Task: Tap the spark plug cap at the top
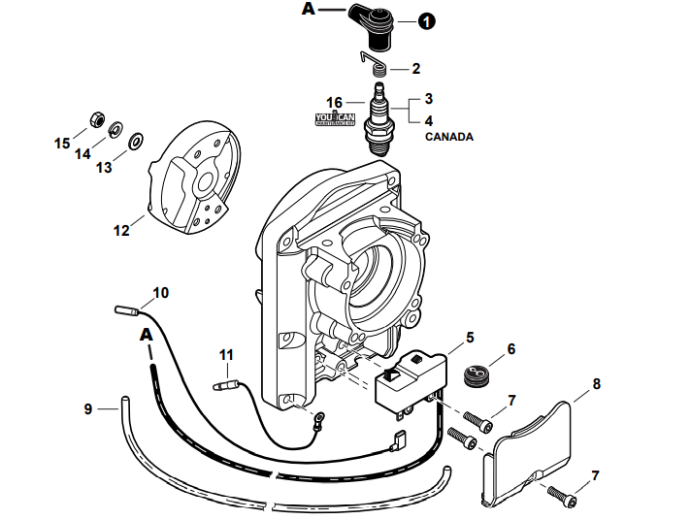(x=376, y=23)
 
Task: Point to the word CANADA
(x=449, y=138)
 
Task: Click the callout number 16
(x=335, y=102)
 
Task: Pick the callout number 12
(x=121, y=231)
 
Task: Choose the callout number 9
(x=88, y=409)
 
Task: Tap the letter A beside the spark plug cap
(x=309, y=10)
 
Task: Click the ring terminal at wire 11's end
(x=316, y=419)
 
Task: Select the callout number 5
(x=470, y=338)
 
